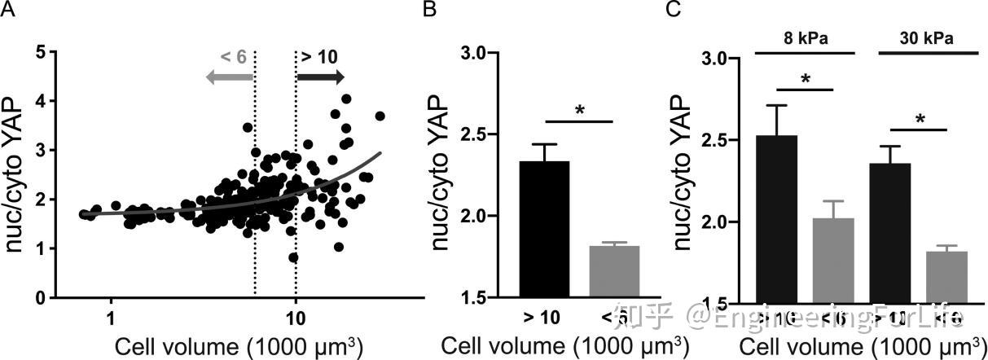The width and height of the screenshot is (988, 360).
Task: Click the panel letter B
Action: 427,10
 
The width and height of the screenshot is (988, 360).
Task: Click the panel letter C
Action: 674,10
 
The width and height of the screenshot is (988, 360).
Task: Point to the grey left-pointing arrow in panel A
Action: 229,77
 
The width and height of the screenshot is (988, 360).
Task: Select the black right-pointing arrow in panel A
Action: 320,77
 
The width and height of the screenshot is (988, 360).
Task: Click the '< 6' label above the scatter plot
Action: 233,57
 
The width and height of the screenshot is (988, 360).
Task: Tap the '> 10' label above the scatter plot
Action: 318,57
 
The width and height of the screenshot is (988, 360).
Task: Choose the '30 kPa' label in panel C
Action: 927,37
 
